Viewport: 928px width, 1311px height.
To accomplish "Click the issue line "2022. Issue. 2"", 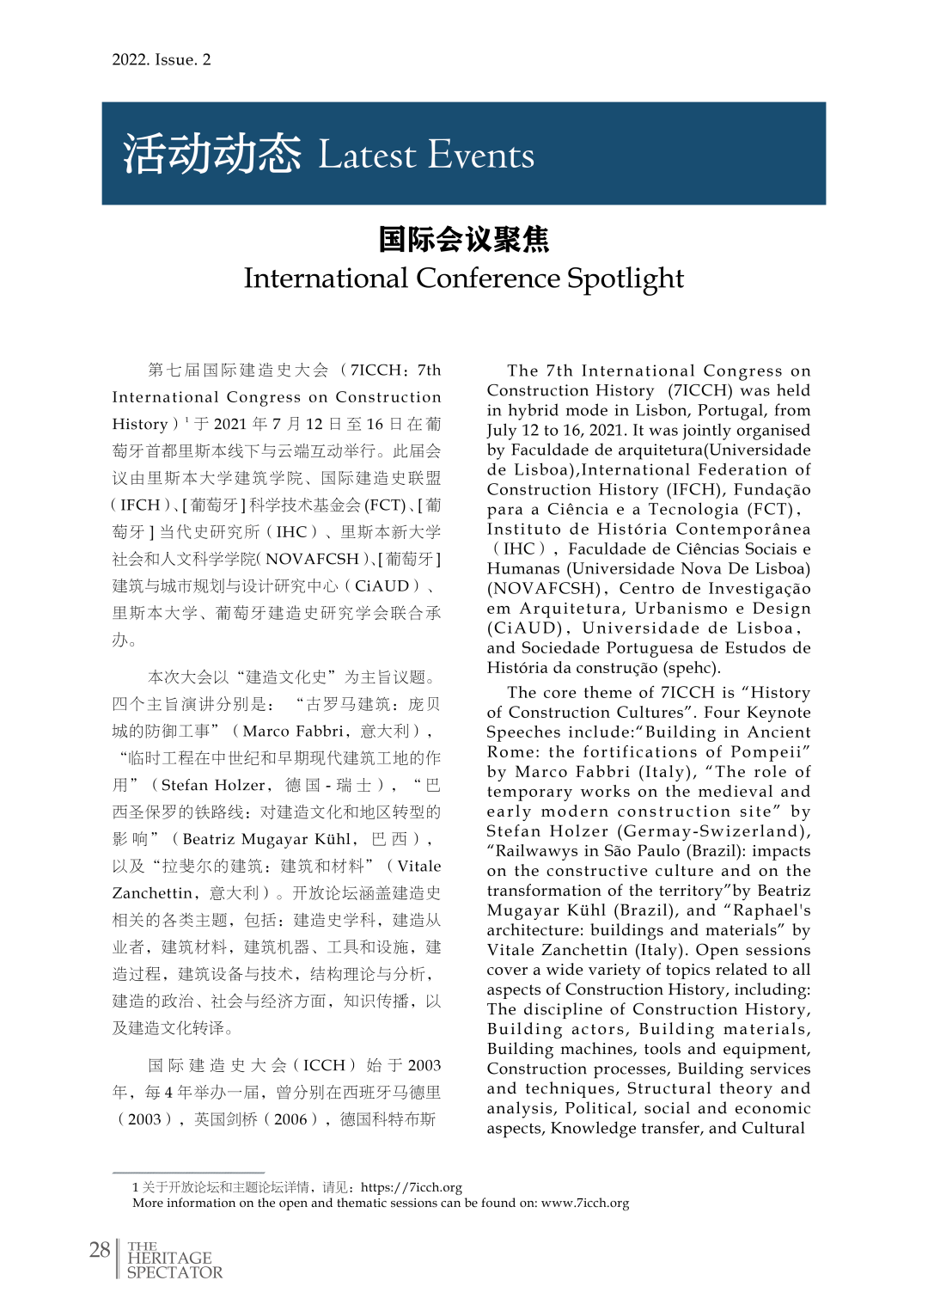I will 161,59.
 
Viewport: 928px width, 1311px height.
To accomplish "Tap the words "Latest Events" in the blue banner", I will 426,155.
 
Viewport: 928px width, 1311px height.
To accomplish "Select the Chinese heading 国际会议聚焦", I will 463,239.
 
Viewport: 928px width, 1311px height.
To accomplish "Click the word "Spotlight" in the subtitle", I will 626,279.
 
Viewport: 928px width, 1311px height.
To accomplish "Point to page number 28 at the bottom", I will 100,1249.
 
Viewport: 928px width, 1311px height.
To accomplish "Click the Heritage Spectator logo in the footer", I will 174,1260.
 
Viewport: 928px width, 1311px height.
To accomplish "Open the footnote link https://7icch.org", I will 412,1187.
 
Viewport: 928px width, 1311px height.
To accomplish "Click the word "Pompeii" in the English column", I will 766,751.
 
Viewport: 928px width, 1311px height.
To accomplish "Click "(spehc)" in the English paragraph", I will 692,667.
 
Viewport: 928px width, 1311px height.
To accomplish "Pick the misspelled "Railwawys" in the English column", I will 534,850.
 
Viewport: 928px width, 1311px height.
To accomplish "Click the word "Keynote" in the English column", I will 778,712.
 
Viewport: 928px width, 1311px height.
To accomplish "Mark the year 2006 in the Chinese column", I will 290,1118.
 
